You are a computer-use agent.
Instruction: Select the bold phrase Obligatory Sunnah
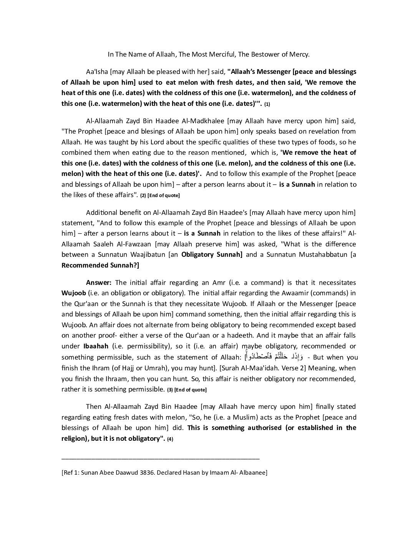coord(212,254)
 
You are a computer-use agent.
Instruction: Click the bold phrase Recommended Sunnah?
coord(100,265)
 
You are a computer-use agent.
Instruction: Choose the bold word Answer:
coord(99,283)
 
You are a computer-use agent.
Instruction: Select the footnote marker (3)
coord(169,390)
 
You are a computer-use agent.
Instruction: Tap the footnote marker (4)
coord(170,439)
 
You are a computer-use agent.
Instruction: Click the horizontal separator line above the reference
coord(161,458)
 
